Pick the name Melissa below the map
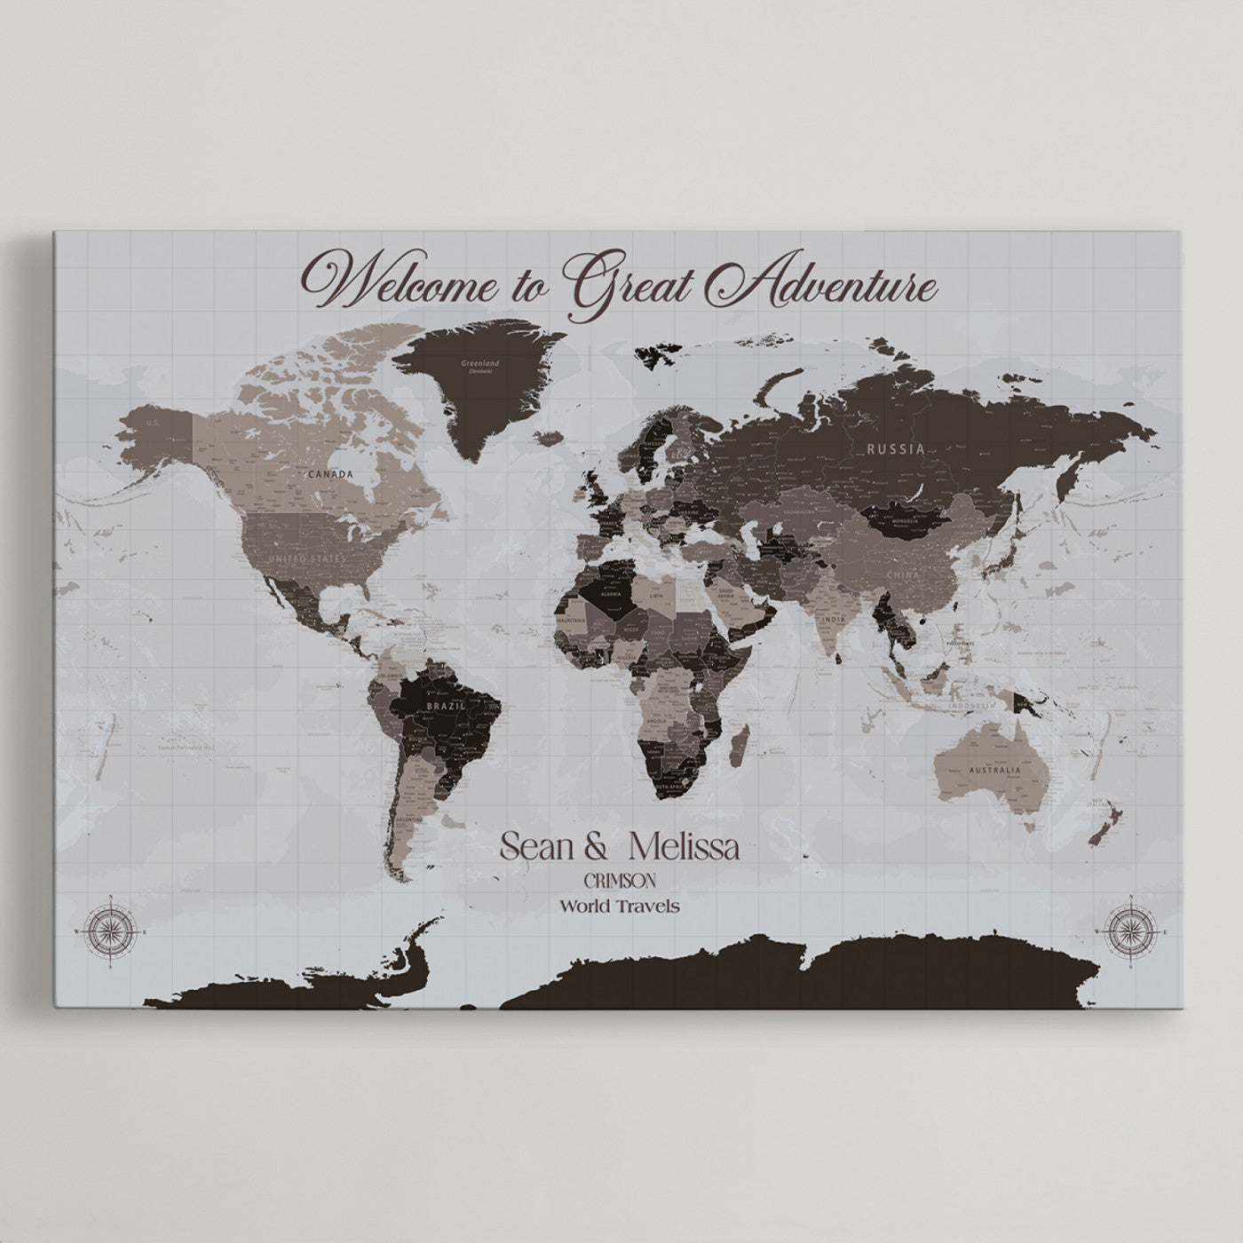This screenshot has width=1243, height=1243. [x=683, y=846]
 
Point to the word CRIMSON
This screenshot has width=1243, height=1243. [x=620, y=881]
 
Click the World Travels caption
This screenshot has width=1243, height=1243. [x=619, y=907]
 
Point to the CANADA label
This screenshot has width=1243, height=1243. [x=330, y=474]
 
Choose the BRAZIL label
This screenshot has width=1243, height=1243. [x=441, y=705]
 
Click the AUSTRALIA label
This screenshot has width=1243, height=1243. [x=995, y=770]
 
